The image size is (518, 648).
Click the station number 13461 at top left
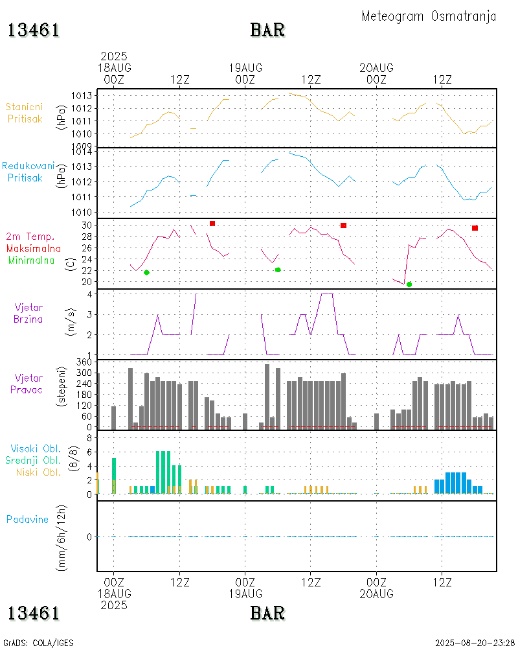tap(34, 30)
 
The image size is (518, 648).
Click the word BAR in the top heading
tap(267, 30)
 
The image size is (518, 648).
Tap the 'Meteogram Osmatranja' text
tap(429, 16)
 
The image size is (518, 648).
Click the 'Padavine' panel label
tap(27, 519)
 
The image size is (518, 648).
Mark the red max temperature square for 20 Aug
tap(475, 228)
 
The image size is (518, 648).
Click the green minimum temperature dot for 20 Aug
tap(409, 284)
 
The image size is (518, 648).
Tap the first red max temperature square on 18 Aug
tap(212, 224)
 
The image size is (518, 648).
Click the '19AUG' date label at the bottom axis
tap(245, 594)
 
